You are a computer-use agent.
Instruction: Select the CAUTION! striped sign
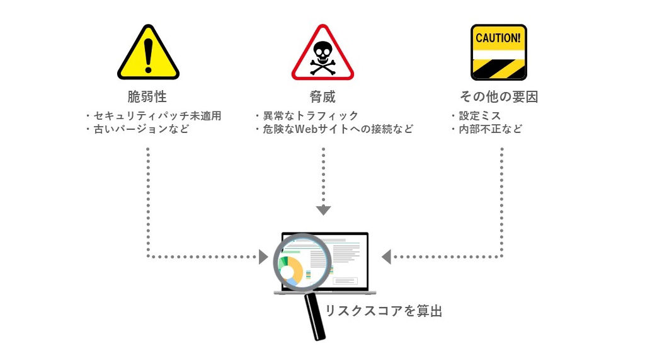[x=498, y=53]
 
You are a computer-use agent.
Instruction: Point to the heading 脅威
[x=322, y=97]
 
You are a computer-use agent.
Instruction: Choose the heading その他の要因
[x=498, y=97]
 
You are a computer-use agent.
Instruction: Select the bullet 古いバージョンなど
[x=137, y=130]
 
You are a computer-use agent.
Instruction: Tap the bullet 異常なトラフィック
[x=307, y=116]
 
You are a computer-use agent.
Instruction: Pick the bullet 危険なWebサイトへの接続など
[x=334, y=130]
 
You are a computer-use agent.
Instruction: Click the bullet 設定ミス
[x=476, y=116]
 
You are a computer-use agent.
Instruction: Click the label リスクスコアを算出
[x=384, y=311]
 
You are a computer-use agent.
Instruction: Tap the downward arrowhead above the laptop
[x=323, y=210]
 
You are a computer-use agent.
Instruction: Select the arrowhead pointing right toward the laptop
[x=263, y=256]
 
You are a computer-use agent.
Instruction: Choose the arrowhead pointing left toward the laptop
[x=386, y=256]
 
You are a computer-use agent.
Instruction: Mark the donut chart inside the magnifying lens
[x=291, y=268]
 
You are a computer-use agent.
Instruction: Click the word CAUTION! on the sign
[x=498, y=38]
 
